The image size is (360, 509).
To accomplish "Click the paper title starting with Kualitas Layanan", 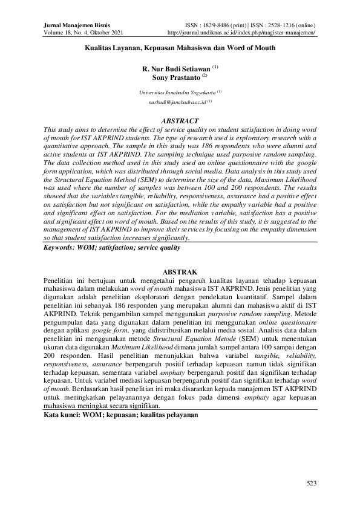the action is click(x=180, y=48).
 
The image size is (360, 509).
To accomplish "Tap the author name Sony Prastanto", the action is click(x=175, y=77).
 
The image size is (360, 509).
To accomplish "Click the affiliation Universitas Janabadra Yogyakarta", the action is click(x=178, y=92).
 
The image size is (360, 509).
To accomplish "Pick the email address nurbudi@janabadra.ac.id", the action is click(x=177, y=103).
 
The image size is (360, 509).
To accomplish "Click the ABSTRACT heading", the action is click(x=180, y=121).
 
